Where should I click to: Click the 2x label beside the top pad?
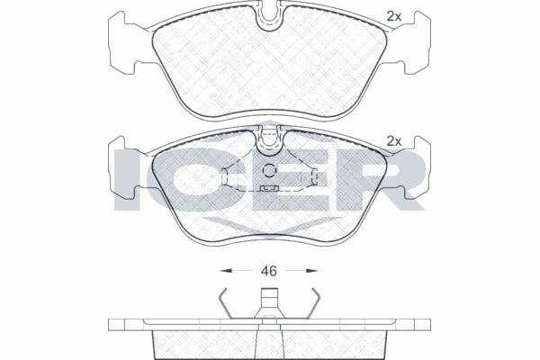point(393,15)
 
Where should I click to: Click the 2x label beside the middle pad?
point(393,140)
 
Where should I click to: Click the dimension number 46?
point(267,269)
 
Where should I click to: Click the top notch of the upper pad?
point(268,15)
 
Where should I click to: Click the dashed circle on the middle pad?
point(268,171)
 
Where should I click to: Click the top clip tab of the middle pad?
point(268,137)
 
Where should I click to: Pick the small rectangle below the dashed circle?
point(267,189)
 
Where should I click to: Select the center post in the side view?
point(268,302)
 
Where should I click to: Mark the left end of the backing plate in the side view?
point(112,323)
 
